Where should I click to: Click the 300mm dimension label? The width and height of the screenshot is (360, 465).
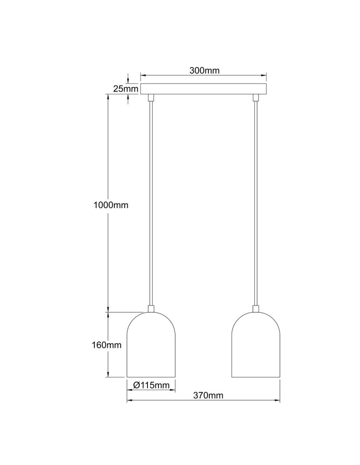204,71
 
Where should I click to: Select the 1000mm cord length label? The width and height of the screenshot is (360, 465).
110,205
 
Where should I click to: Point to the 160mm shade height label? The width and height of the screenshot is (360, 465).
107,345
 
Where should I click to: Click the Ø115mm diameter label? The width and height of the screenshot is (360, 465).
151,385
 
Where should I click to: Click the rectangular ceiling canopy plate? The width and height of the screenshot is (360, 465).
204,89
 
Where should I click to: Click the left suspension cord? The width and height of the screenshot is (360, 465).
151,205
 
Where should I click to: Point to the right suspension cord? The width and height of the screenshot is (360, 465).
255,205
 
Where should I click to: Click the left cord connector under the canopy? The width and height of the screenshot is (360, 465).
151,98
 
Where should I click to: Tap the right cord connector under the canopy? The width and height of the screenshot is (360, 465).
255,98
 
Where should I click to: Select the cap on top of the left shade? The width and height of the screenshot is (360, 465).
151,308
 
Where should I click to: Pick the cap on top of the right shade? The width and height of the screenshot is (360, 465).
255,308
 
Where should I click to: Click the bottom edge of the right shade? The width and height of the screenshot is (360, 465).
255,377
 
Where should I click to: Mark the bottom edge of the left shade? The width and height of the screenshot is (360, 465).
151,377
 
